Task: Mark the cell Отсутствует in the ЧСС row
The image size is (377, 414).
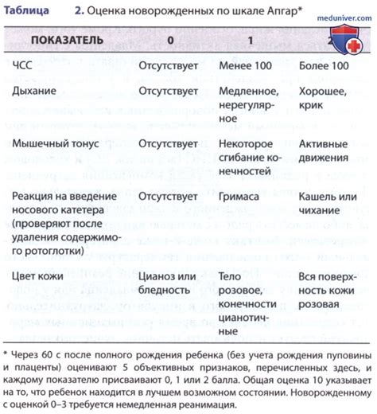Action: pos(168,69)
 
